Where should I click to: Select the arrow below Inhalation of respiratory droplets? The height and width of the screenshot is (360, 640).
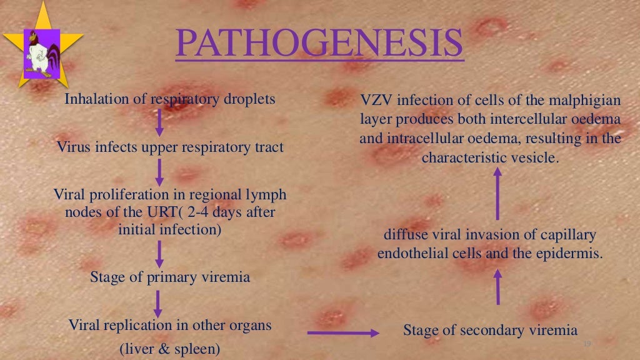(x=159, y=122)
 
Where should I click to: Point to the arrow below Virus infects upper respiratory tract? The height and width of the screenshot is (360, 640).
(x=159, y=171)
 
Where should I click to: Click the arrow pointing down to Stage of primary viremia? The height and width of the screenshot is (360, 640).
(x=159, y=253)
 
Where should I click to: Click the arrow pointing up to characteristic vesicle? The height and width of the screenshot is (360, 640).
(x=497, y=194)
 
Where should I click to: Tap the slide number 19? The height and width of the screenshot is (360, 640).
(x=586, y=345)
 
